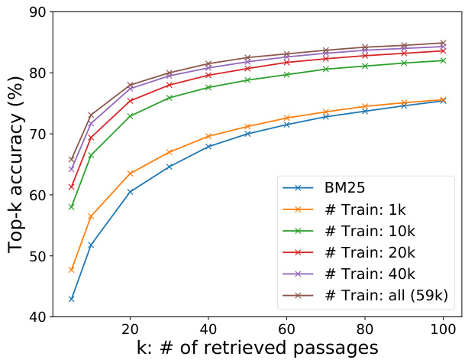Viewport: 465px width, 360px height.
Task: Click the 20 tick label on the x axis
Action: pos(131,329)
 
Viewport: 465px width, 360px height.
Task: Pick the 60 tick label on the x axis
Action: pos(286,329)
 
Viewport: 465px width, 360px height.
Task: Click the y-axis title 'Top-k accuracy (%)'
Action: pos(15,164)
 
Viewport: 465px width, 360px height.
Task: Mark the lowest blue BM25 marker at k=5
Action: pos(72,299)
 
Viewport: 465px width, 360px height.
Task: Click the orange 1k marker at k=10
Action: pos(92,217)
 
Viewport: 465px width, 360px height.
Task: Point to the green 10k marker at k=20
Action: pos(131,116)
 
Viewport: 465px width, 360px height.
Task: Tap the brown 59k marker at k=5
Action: pos(72,159)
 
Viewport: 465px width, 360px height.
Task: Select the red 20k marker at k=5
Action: pos(72,186)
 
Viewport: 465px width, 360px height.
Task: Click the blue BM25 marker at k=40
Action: pos(208,147)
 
